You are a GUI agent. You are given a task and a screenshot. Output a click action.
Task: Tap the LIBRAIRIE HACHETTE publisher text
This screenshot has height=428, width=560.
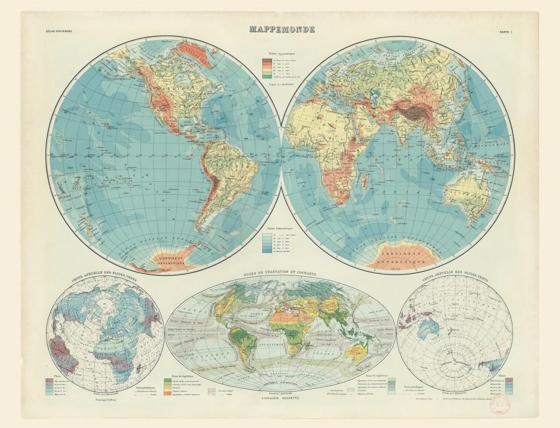point(281,399)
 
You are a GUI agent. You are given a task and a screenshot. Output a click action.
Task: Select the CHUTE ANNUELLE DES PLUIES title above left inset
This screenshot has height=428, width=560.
point(104,278)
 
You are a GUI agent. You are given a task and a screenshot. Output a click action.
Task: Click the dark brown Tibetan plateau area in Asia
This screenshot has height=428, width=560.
point(412,112)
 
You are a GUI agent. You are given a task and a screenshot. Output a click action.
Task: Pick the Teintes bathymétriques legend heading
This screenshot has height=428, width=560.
point(281,228)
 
